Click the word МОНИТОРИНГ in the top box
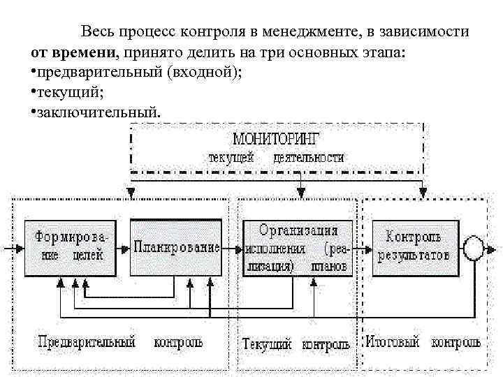277,138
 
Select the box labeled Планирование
176,248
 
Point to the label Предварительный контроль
119,342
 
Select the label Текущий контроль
296,344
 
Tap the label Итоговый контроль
423,343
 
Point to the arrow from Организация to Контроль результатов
363,248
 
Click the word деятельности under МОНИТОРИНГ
309,158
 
